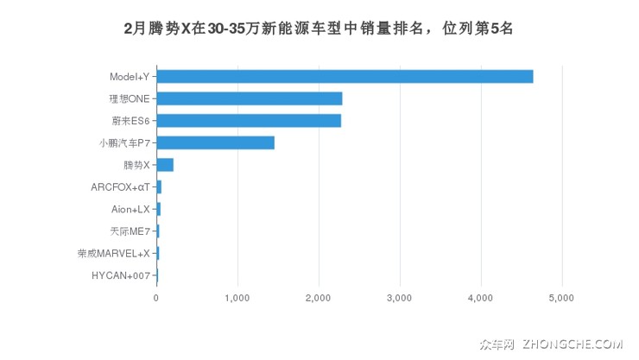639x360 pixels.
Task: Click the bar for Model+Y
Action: (345, 76)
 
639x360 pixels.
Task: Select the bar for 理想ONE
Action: (250, 98)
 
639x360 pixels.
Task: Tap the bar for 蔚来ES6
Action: (249, 120)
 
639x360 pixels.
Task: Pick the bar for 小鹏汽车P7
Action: (215, 142)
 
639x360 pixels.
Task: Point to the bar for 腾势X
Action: (165, 165)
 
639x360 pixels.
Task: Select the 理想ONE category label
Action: (130, 98)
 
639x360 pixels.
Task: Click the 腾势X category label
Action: (136, 165)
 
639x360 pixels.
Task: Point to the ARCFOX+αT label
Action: (120, 186)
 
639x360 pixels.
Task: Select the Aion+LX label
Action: (130, 209)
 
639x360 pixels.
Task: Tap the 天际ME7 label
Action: (130, 231)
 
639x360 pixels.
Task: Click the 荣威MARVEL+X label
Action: (113, 253)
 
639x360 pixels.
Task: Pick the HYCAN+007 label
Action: (121, 275)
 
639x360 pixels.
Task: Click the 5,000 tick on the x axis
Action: (561, 298)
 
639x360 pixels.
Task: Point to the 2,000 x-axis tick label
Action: (318, 298)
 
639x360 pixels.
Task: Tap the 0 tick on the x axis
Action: (156, 298)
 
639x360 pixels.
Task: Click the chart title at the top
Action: (319, 28)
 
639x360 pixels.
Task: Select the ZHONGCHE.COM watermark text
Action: (571, 344)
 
